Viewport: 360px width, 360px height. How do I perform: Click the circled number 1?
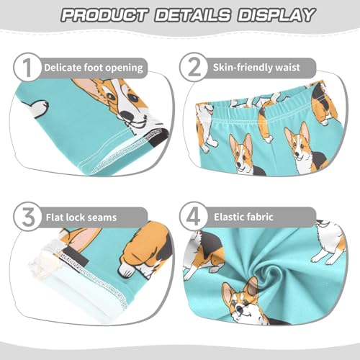(x=26, y=68)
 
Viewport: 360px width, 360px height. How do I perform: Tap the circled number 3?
(x=26, y=215)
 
